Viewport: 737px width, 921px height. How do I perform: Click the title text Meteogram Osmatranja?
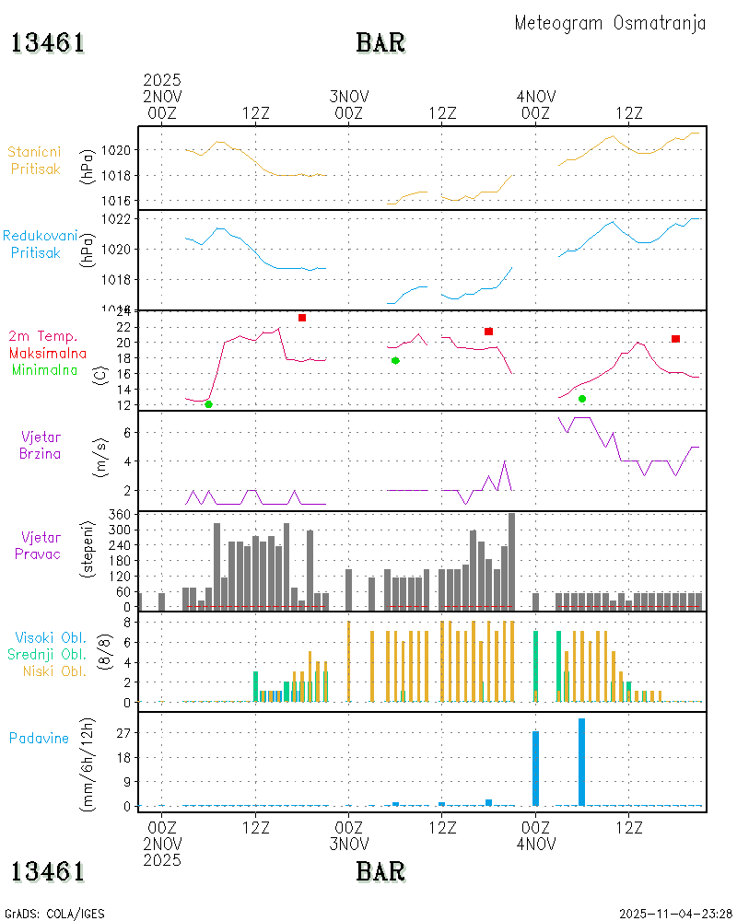pos(610,23)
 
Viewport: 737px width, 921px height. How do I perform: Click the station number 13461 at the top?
pos(48,42)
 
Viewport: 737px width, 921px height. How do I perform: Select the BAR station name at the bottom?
pos(380,870)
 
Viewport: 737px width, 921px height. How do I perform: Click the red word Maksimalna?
pos(48,353)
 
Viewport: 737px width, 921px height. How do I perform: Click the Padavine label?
pos(40,738)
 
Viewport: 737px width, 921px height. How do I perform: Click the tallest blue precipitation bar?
pos(582,762)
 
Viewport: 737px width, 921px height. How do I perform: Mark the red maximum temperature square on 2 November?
pos(302,318)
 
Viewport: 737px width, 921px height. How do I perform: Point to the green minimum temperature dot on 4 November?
pos(582,399)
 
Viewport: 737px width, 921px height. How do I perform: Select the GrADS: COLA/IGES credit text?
pos(54,913)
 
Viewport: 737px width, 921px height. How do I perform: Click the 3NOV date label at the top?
pos(349,97)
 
